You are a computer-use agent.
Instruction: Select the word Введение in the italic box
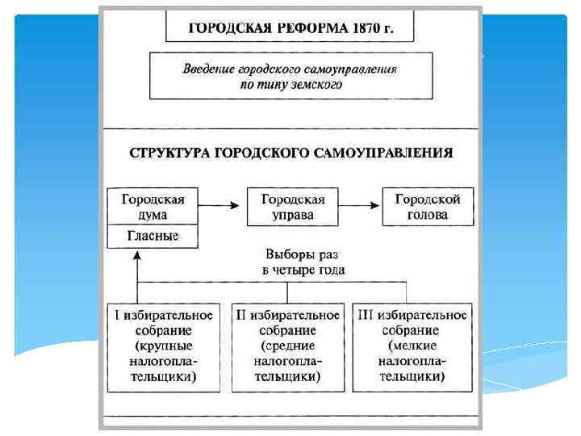[x=209, y=69]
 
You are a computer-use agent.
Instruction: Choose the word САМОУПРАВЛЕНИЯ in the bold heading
[x=391, y=153]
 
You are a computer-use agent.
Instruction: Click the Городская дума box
[x=153, y=207]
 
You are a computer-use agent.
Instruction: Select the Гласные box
[x=153, y=237]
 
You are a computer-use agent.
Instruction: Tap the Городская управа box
[x=292, y=207]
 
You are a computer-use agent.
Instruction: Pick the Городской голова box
[x=428, y=207]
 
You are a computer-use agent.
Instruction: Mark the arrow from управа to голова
[x=361, y=207]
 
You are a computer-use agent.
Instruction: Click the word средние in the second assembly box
[x=285, y=346]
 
